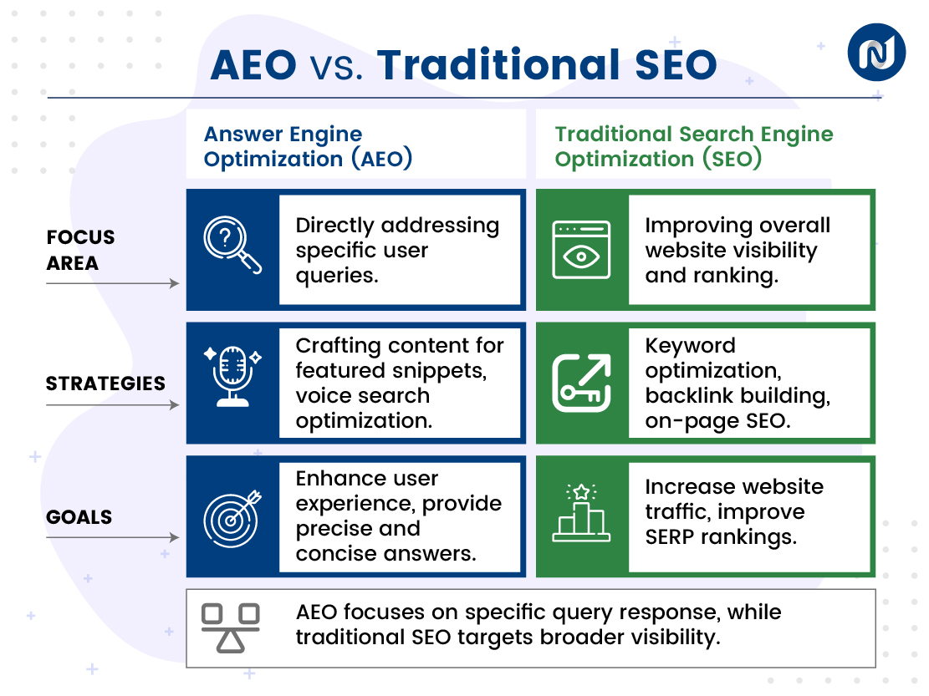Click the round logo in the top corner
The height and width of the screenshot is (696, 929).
[876, 52]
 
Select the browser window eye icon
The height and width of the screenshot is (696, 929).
[581, 249]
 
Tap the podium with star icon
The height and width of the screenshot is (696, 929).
[581, 511]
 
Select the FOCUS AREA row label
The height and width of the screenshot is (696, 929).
[79, 250]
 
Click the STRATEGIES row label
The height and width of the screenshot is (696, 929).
[105, 384]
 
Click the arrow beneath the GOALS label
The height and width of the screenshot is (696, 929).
[112, 538]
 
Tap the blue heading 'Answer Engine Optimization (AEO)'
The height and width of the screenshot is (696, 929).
[308, 146]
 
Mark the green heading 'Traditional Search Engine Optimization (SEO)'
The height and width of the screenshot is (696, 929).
[693, 146]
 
